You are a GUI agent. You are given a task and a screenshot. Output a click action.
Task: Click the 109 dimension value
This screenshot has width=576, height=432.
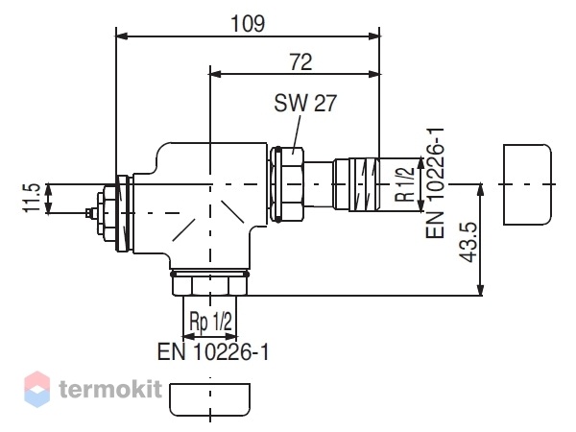(x=248, y=23)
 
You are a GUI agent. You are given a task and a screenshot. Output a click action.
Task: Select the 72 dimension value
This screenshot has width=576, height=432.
(x=301, y=61)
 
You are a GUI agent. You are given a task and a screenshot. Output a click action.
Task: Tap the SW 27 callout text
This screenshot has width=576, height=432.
(x=305, y=103)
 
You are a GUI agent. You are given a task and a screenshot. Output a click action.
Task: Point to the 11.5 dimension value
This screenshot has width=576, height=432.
(x=32, y=198)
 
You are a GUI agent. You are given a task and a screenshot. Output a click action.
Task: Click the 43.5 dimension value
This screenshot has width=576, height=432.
(x=468, y=242)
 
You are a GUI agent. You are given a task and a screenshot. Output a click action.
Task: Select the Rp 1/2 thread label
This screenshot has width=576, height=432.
(x=211, y=321)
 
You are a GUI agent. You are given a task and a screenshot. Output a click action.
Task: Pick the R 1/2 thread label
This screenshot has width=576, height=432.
(x=404, y=184)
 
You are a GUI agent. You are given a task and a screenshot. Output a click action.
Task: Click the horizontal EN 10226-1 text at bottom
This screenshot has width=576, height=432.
(x=213, y=352)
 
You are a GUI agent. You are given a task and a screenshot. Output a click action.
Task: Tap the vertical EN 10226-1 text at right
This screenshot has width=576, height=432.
(x=435, y=182)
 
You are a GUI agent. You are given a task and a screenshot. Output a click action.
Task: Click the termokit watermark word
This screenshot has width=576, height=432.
(x=110, y=389)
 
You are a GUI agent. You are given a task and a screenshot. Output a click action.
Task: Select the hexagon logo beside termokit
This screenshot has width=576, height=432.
(x=36, y=389)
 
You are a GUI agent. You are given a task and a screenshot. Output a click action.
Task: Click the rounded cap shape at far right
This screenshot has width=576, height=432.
(x=527, y=184)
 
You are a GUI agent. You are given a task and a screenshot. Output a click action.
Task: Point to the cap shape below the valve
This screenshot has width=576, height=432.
(x=209, y=399)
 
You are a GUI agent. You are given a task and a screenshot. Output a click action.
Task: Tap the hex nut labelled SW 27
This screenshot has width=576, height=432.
(x=287, y=183)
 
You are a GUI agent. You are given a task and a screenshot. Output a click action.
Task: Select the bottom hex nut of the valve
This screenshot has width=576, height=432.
(x=209, y=285)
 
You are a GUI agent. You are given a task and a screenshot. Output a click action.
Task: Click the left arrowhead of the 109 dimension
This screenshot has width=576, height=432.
(x=122, y=36)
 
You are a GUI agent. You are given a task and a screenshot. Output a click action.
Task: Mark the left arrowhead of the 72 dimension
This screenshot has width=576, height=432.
(x=215, y=74)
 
